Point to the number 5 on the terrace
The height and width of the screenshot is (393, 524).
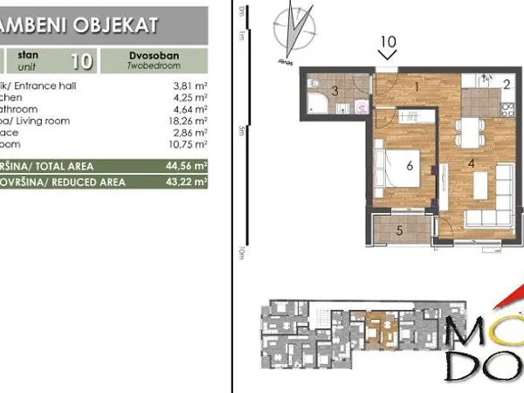coord(399,231)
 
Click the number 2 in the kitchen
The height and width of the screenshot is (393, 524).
coord(506,84)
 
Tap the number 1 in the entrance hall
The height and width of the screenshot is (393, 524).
coord(417,86)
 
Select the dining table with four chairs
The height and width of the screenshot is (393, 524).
coord(472,134)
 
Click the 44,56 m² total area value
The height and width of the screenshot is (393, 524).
coord(189,165)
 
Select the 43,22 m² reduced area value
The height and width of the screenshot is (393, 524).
coord(189,183)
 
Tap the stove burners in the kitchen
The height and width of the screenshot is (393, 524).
coord(506,107)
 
